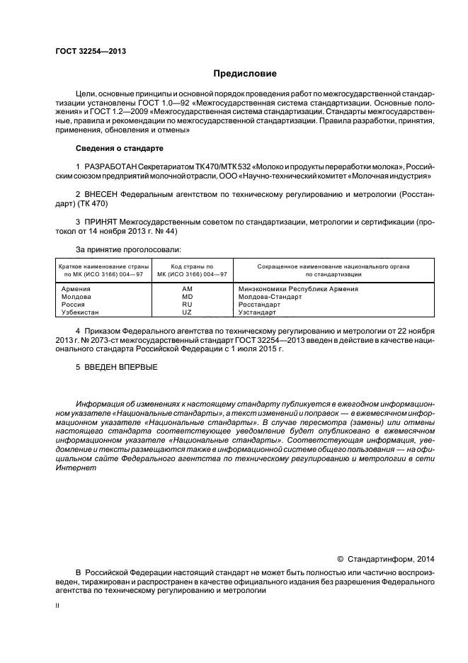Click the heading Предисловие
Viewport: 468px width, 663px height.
click(x=245, y=74)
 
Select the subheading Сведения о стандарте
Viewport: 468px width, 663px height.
click(x=119, y=149)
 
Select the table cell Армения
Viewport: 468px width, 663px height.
click(x=76, y=289)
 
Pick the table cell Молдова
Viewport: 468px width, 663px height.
click(x=77, y=297)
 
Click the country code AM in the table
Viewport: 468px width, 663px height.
click(x=187, y=289)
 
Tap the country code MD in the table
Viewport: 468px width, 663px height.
click(x=187, y=297)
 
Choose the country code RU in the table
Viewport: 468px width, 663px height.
click(x=187, y=305)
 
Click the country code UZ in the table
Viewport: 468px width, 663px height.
click(x=187, y=312)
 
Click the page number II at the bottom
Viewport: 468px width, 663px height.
click(x=57, y=606)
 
